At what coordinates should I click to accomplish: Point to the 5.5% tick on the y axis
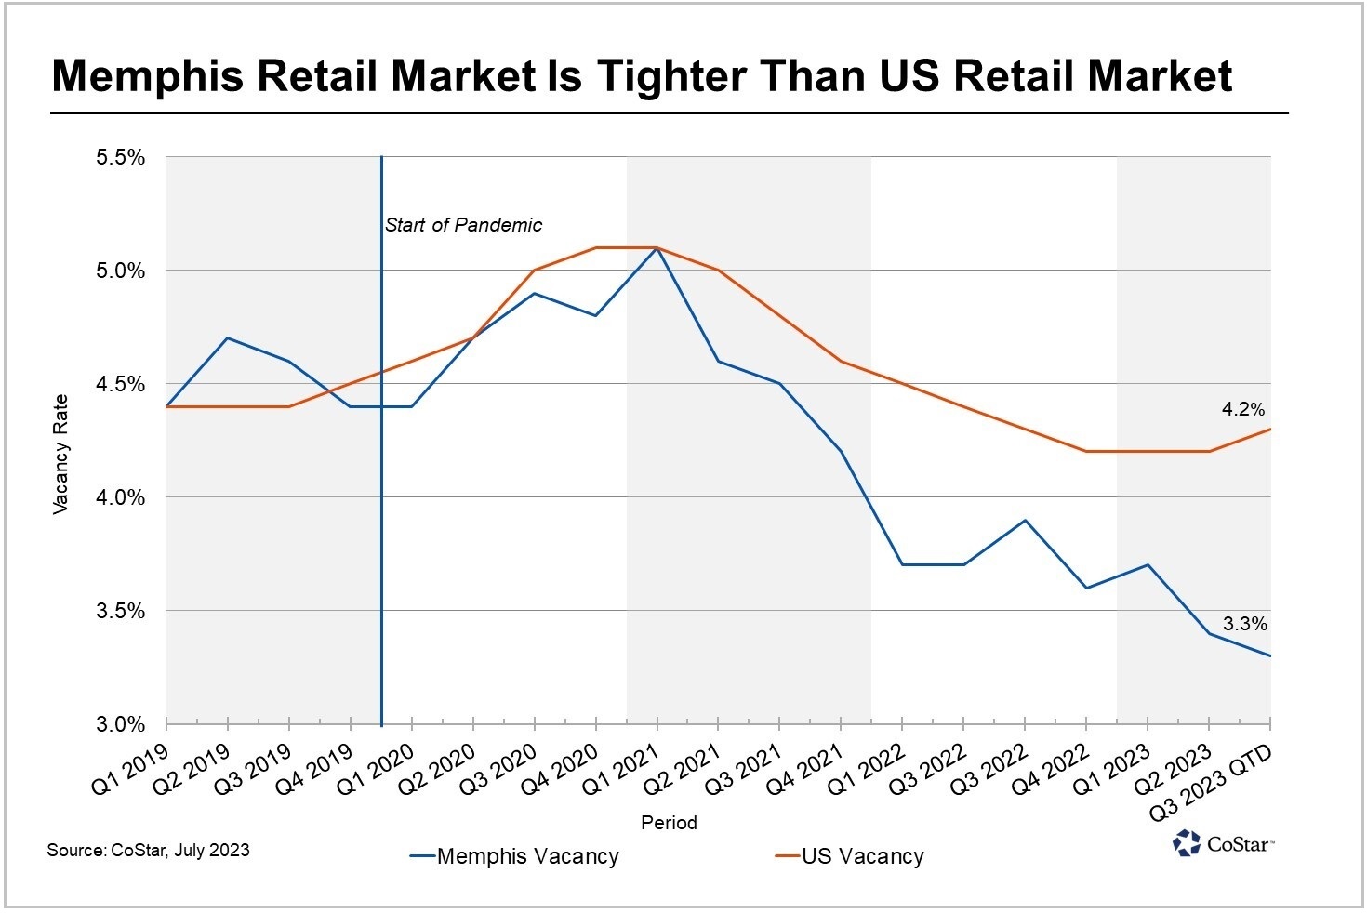click(121, 157)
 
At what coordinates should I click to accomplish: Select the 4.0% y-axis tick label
click(121, 497)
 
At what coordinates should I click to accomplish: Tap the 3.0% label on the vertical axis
click(121, 724)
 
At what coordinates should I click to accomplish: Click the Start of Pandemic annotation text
click(463, 225)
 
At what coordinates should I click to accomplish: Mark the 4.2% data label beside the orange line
click(1242, 409)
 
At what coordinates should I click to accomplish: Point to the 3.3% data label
click(1244, 625)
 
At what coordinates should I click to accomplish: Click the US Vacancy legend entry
click(850, 856)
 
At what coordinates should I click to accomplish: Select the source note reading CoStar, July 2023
click(149, 850)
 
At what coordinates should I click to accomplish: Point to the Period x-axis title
click(669, 823)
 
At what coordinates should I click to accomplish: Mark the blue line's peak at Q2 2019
click(228, 338)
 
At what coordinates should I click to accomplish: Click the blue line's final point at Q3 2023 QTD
click(1269, 655)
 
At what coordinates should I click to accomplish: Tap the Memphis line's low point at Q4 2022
click(1085, 588)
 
